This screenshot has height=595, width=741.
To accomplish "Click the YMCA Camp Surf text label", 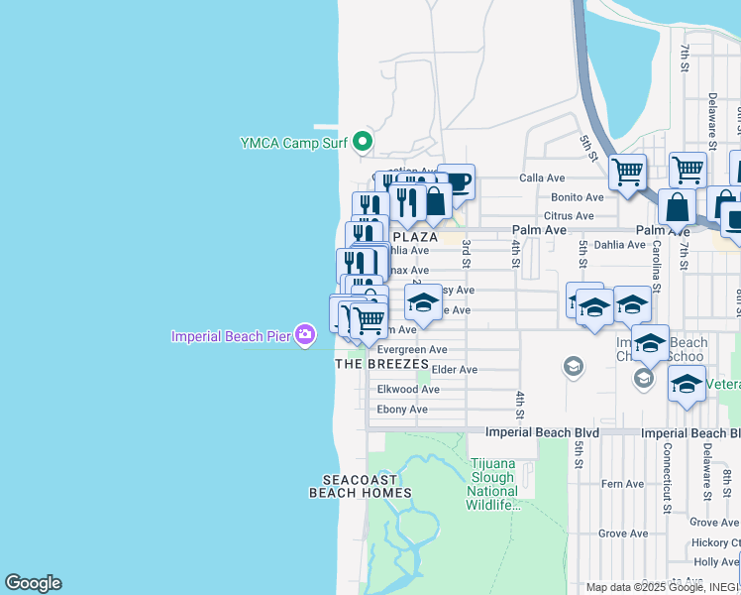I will [293, 143].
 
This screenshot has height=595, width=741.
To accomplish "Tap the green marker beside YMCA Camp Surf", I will [363, 142].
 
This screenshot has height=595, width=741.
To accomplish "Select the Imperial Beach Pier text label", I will [232, 336].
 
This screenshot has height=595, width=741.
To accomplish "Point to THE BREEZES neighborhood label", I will [381, 364].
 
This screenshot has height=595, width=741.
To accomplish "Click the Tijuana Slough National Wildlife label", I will [493, 485].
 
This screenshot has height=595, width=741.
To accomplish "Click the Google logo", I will [33, 583].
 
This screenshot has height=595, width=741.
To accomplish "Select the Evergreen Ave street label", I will [412, 350].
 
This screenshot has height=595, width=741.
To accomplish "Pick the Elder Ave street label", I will [455, 370].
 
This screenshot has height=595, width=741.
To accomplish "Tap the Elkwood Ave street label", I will [408, 390].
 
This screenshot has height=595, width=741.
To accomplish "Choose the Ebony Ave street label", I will [402, 410].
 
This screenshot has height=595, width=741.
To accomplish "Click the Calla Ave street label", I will [542, 178].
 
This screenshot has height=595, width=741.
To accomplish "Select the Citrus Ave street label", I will [569, 216].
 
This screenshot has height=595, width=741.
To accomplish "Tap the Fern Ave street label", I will [622, 484].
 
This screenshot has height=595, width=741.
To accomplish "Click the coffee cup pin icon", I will [456, 182].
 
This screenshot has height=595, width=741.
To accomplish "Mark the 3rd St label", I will [466, 254].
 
